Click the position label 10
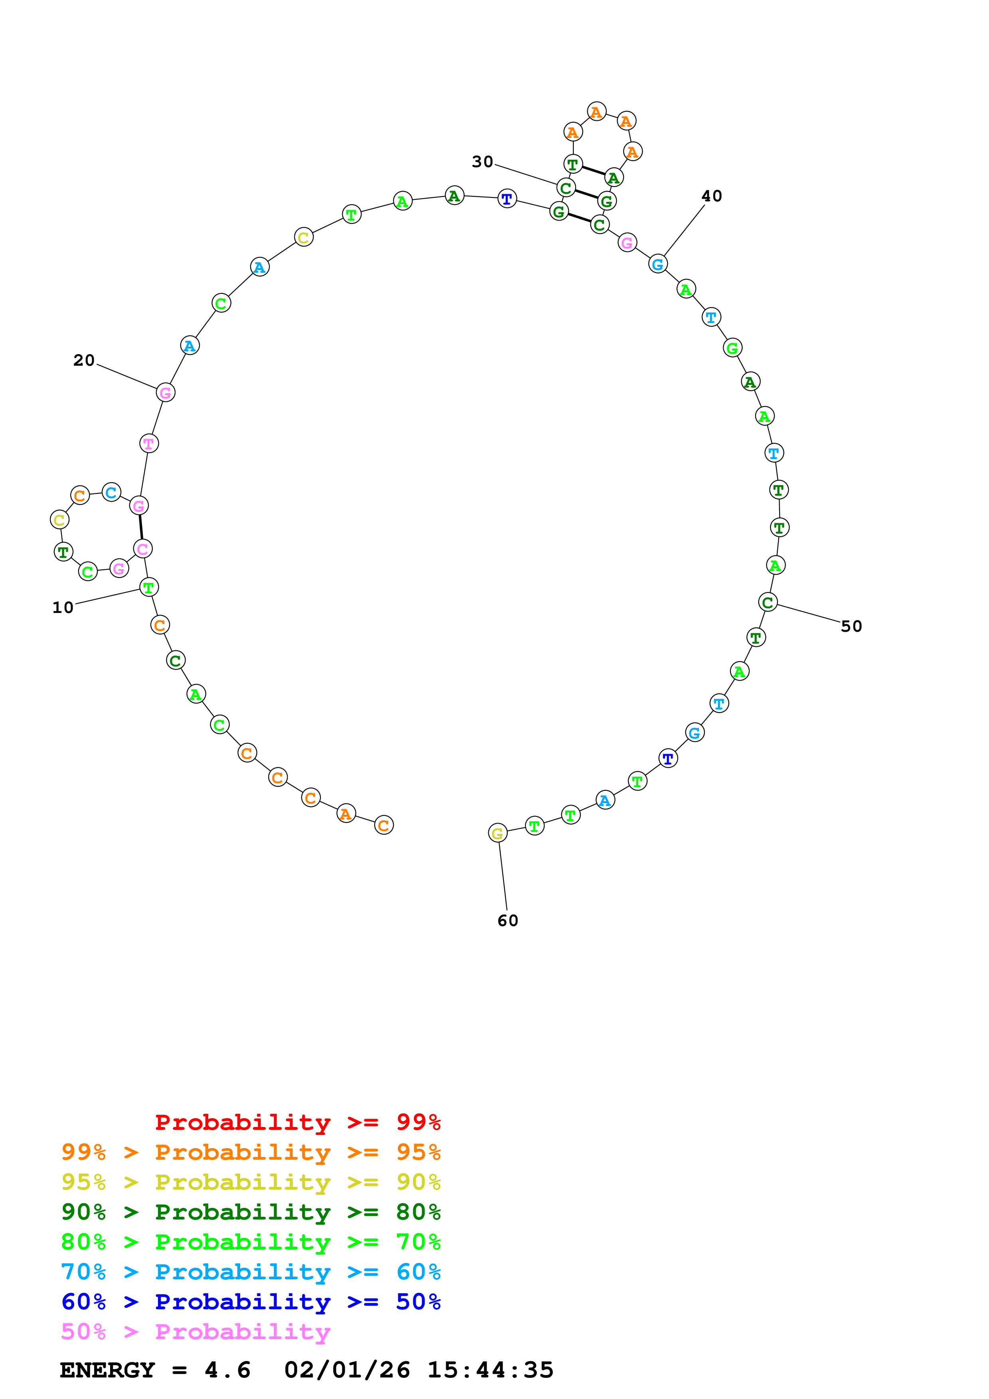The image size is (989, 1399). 63,607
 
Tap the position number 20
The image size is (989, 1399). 84,360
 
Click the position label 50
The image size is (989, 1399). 851,627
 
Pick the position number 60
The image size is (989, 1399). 507,921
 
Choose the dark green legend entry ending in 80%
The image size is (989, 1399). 251,1212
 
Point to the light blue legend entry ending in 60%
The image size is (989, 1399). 251,1272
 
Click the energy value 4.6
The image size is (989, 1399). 227,1370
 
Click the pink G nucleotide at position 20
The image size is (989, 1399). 165,393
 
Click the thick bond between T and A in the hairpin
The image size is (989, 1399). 593,171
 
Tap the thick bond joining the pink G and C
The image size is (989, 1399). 141,527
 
